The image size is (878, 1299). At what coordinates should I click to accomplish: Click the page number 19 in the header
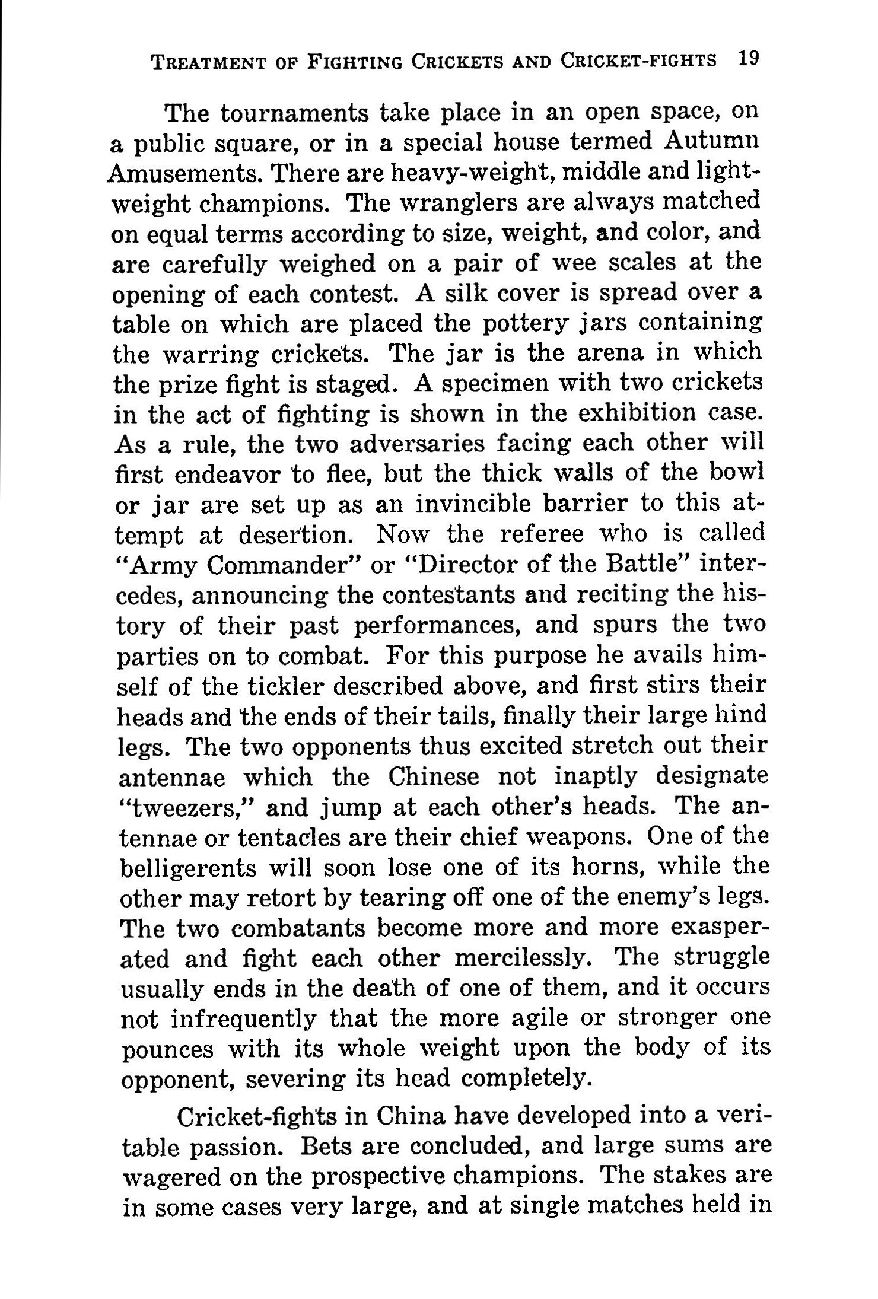click(x=746, y=59)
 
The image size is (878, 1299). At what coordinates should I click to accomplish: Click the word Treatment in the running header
click(x=206, y=62)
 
